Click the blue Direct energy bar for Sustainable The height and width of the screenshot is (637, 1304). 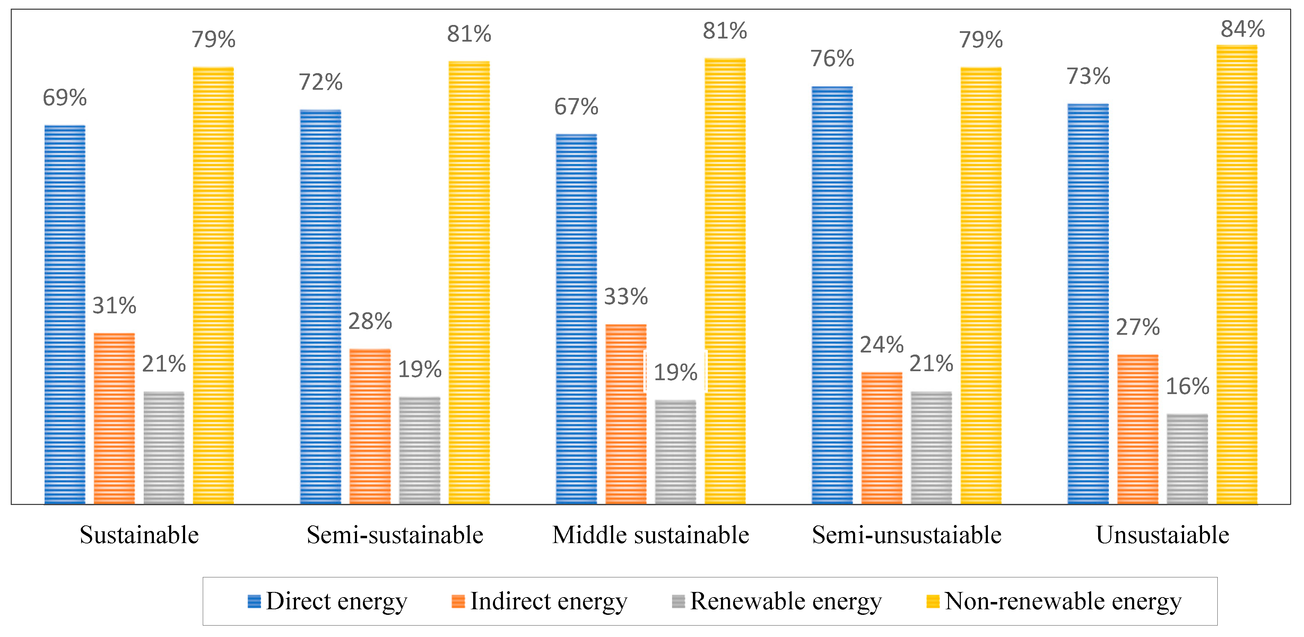(65, 314)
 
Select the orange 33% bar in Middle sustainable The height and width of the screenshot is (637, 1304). (626, 414)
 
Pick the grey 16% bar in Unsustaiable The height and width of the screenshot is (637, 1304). (1187, 459)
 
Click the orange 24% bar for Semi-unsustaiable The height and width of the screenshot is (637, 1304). (881, 438)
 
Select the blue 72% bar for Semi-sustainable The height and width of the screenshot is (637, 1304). (320, 306)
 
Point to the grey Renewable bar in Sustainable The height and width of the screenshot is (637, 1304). (164, 447)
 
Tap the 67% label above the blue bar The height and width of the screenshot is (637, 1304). (576, 107)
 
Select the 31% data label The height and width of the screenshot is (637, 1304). (114, 306)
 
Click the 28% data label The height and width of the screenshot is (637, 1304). (370, 321)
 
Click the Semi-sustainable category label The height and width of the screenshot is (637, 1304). (395, 535)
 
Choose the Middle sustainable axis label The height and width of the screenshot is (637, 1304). (651, 535)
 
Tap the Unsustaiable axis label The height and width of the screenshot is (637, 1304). (1162, 535)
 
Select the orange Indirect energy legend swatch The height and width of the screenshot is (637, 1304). (458, 601)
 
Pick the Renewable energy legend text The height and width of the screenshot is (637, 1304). (786, 601)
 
